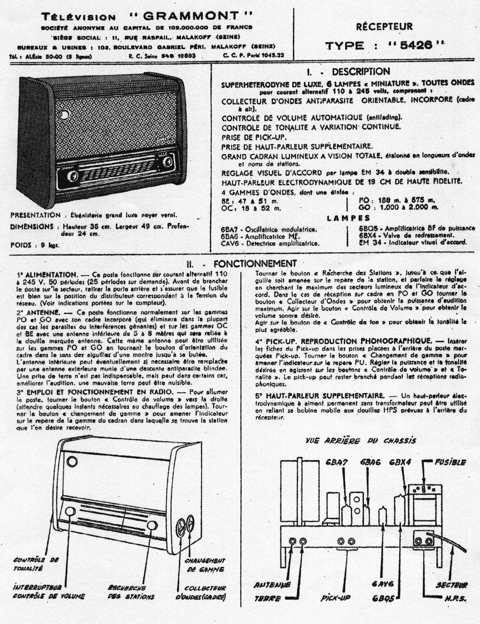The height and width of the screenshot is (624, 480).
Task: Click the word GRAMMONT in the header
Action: [191, 16]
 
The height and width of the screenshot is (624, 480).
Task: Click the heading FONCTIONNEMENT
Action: [255, 263]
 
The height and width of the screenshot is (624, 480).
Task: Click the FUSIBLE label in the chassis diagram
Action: [450, 462]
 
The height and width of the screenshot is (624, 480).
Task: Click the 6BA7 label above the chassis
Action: [337, 462]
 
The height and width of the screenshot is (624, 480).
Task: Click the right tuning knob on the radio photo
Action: [167, 161]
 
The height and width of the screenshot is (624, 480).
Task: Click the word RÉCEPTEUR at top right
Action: [384, 27]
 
